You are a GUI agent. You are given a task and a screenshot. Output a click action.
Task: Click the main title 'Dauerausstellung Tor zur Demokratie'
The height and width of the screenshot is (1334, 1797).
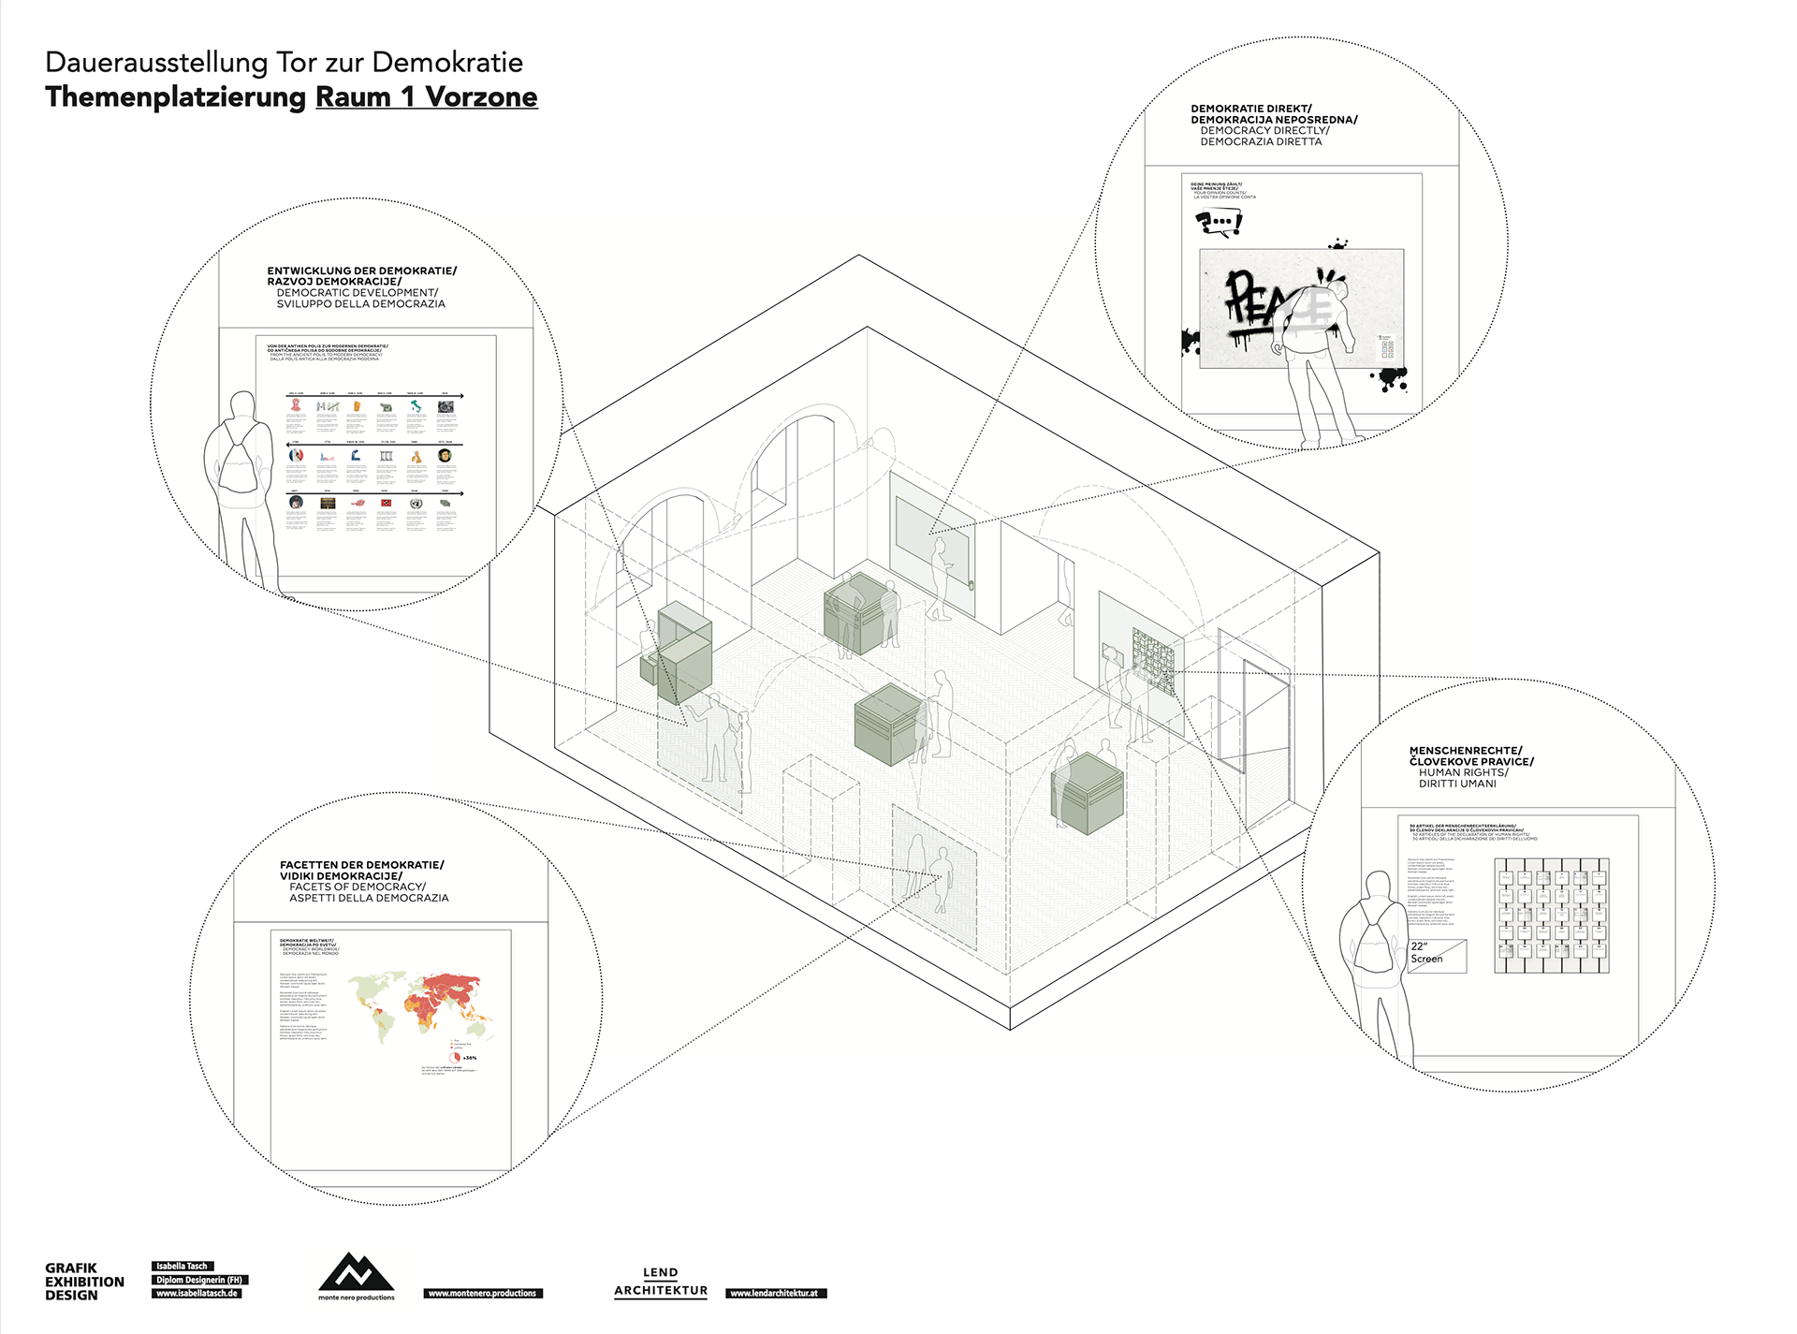point(284,63)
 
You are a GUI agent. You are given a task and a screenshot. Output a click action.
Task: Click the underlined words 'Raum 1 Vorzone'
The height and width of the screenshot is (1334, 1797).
point(426,97)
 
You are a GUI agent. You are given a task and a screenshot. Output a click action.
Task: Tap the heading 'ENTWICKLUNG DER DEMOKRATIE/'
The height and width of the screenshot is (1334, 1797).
point(361,271)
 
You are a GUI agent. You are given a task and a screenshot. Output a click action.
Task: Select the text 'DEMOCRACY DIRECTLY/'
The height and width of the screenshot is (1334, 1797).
point(1264,131)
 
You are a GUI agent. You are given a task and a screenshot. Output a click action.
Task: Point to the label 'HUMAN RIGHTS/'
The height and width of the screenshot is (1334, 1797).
point(1463,772)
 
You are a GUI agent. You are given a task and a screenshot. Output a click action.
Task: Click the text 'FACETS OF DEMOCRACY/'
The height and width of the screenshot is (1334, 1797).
point(358,887)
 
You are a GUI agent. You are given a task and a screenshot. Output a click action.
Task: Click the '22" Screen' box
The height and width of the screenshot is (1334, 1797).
point(1437,955)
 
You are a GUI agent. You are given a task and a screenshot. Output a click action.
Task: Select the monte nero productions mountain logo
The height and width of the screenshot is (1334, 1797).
point(356,1272)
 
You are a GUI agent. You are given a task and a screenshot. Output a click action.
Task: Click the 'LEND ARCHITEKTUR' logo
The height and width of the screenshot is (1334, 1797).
point(661,1282)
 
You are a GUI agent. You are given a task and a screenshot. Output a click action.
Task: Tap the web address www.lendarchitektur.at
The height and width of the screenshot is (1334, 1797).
point(776,1293)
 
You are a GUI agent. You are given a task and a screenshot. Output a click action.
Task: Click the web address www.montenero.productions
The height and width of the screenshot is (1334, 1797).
point(482,1293)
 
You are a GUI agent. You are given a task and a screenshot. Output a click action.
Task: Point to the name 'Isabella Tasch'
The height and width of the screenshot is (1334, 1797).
point(183,1266)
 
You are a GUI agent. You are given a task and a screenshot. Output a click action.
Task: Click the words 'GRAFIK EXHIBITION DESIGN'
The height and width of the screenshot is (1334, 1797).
point(84,1282)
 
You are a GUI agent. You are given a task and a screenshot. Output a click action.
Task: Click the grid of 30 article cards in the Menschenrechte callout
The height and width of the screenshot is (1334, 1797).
point(1551,915)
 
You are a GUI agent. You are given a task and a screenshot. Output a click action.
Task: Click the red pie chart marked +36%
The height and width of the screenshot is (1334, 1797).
point(456,1056)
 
